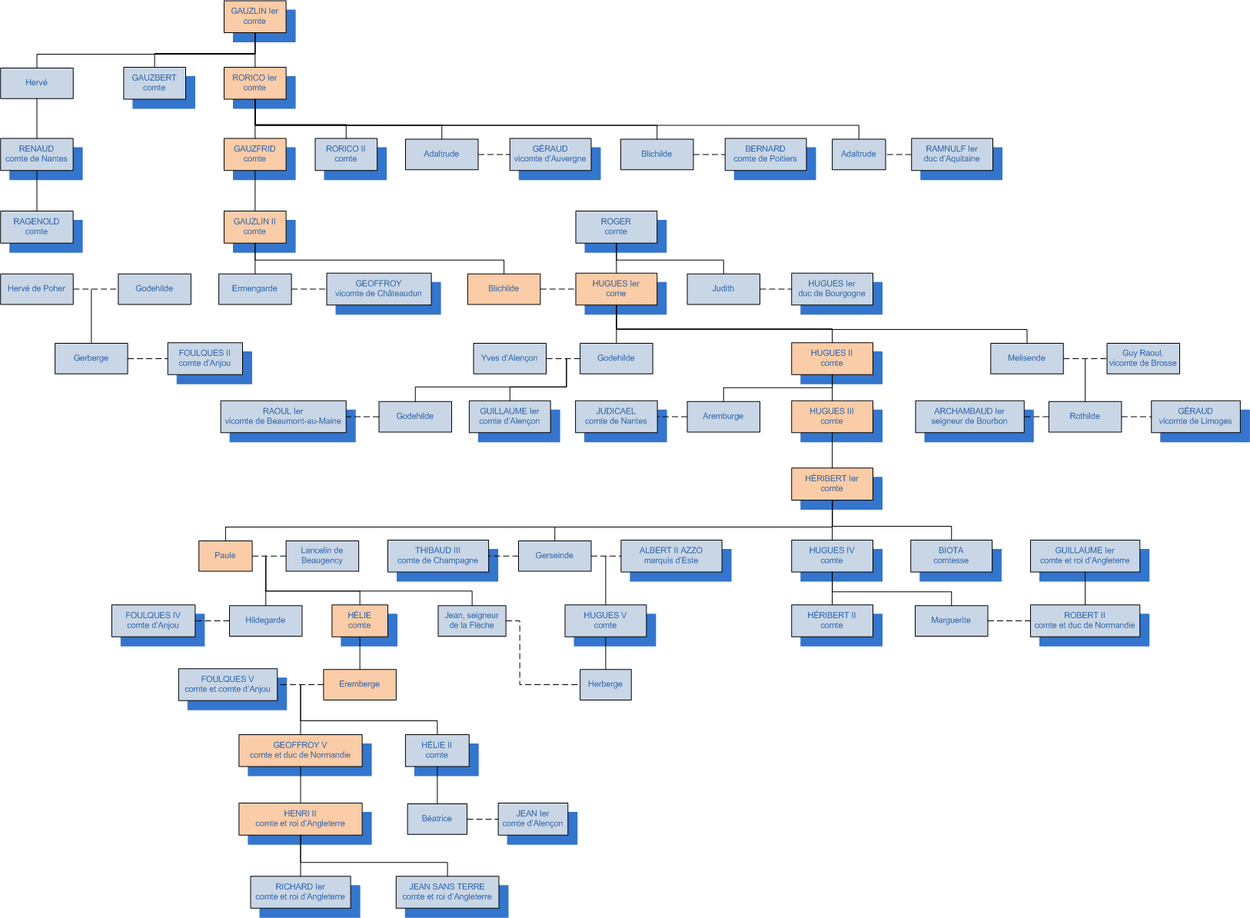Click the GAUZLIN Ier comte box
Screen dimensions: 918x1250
click(x=254, y=16)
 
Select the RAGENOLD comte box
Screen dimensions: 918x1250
click(x=36, y=227)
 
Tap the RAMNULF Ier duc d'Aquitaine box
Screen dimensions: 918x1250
click(x=952, y=154)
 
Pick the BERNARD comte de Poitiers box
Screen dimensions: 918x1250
click(x=765, y=154)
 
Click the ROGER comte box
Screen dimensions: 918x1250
click(x=616, y=227)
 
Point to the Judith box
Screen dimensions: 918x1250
click(x=723, y=289)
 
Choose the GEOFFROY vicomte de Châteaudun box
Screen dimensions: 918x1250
click(x=378, y=289)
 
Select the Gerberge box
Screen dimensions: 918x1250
click(x=91, y=358)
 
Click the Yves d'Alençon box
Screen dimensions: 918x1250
click(x=509, y=358)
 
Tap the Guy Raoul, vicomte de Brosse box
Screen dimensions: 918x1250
click(x=1142, y=358)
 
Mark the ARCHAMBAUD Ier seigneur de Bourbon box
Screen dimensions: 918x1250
click(x=969, y=416)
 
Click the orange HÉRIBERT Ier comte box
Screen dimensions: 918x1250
click(x=832, y=484)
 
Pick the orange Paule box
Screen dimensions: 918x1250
click(x=225, y=555)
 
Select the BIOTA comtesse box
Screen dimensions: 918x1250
click(x=951, y=555)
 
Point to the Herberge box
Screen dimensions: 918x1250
click(x=605, y=684)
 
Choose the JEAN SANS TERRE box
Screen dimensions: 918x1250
click(x=447, y=892)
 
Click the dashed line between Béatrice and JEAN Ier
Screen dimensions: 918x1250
click(x=482, y=819)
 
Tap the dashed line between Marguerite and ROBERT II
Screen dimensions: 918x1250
click(x=1009, y=620)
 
